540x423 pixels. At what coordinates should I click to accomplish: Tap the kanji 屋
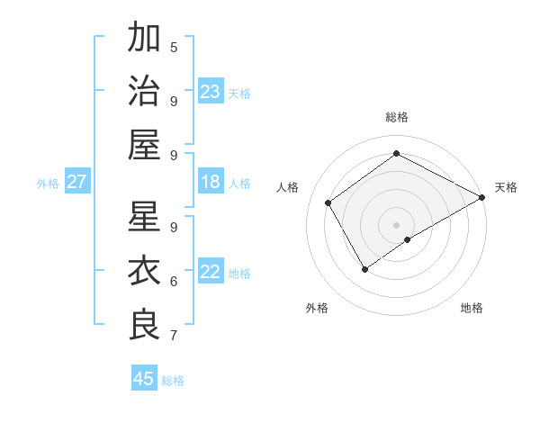point(145,144)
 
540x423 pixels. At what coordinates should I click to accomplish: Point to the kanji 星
point(145,217)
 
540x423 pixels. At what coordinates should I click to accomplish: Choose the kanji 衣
point(145,271)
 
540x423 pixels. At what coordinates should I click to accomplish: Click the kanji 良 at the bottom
point(145,325)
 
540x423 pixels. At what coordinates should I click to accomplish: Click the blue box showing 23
point(211,91)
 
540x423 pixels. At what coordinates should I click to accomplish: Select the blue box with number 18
point(211,182)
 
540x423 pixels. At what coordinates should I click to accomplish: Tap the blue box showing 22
point(211,272)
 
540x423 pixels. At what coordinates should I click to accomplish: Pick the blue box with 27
point(76,182)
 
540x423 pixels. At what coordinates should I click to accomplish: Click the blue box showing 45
point(144,379)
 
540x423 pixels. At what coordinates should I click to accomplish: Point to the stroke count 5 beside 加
point(174,47)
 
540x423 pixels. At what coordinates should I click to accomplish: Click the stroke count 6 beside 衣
point(174,281)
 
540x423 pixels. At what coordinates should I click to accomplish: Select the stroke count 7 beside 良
point(174,336)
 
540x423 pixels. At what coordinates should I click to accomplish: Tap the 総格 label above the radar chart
point(396,117)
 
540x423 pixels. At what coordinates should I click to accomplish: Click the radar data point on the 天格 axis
point(482,198)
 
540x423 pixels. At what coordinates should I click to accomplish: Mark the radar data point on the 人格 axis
point(328,202)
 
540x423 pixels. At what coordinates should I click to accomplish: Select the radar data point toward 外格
point(364,268)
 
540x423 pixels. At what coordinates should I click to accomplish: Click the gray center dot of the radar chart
point(396,223)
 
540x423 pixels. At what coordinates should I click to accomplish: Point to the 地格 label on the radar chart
point(472,309)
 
